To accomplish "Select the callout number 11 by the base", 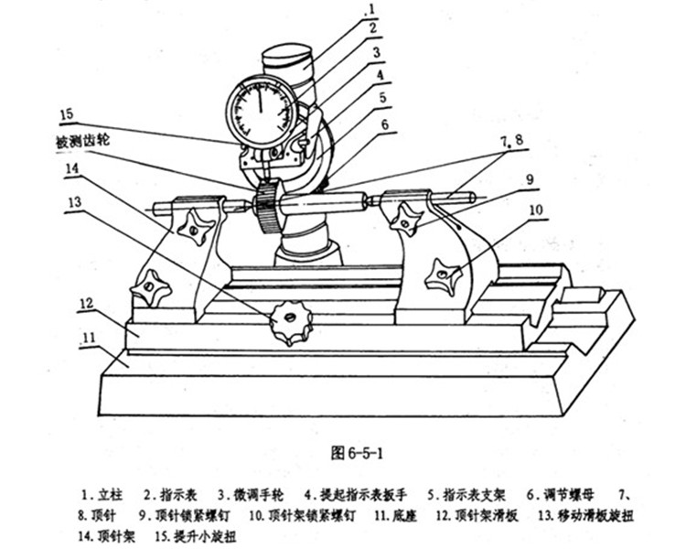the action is (x=89, y=339).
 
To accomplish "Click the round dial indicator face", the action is (x=261, y=113).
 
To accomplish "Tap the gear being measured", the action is (x=266, y=208).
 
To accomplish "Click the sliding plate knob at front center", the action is (x=291, y=322).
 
